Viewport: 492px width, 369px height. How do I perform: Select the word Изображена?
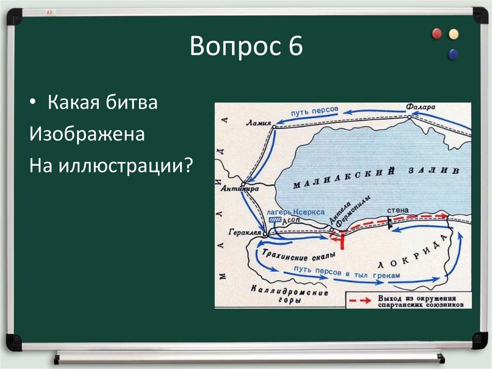87,134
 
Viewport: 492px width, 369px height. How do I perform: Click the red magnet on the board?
437,34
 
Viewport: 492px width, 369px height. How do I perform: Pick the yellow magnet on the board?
453,34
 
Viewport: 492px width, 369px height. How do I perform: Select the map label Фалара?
419,107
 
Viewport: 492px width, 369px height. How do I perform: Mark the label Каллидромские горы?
290,295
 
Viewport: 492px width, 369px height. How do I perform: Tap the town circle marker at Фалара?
409,116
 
